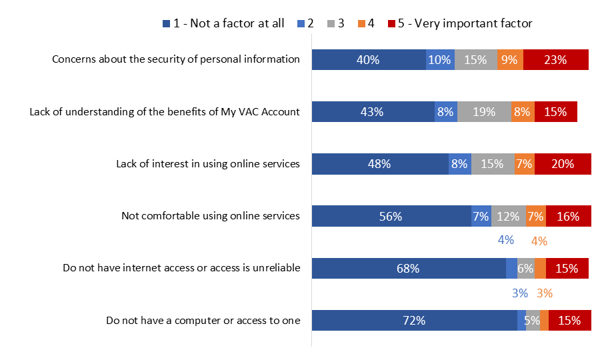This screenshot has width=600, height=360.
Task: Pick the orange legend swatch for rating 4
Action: (x=362, y=23)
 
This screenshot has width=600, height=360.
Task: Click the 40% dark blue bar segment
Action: (x=369, y=59)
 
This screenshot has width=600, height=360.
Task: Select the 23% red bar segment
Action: (x=555, y=59)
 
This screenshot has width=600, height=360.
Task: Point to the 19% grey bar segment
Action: (x=484, y=112)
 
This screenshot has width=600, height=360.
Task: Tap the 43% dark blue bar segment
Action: (x=373, y=112)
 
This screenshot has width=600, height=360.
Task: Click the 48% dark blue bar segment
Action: (x=380, y=164)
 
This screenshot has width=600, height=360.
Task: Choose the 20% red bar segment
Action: (x=562, y=164)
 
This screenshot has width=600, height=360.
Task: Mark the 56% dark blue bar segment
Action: (x=391, y=216)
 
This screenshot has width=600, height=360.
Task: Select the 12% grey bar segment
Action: (x=509, y=216)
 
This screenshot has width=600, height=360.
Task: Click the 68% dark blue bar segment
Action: (x=409, y=268)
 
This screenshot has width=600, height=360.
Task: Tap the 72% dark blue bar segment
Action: (x=414, y=320)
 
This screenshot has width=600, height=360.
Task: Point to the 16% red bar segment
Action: (x=568, y=216)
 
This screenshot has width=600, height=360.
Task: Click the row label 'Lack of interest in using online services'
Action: (x=208, y=163)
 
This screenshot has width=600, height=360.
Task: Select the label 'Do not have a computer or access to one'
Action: (x=203, y=321)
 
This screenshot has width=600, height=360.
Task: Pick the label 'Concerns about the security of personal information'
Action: (x=176, y=59)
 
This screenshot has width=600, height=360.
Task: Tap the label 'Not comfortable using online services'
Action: (x=211, y=215)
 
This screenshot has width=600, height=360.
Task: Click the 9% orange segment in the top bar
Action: (x=510, y=59)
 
